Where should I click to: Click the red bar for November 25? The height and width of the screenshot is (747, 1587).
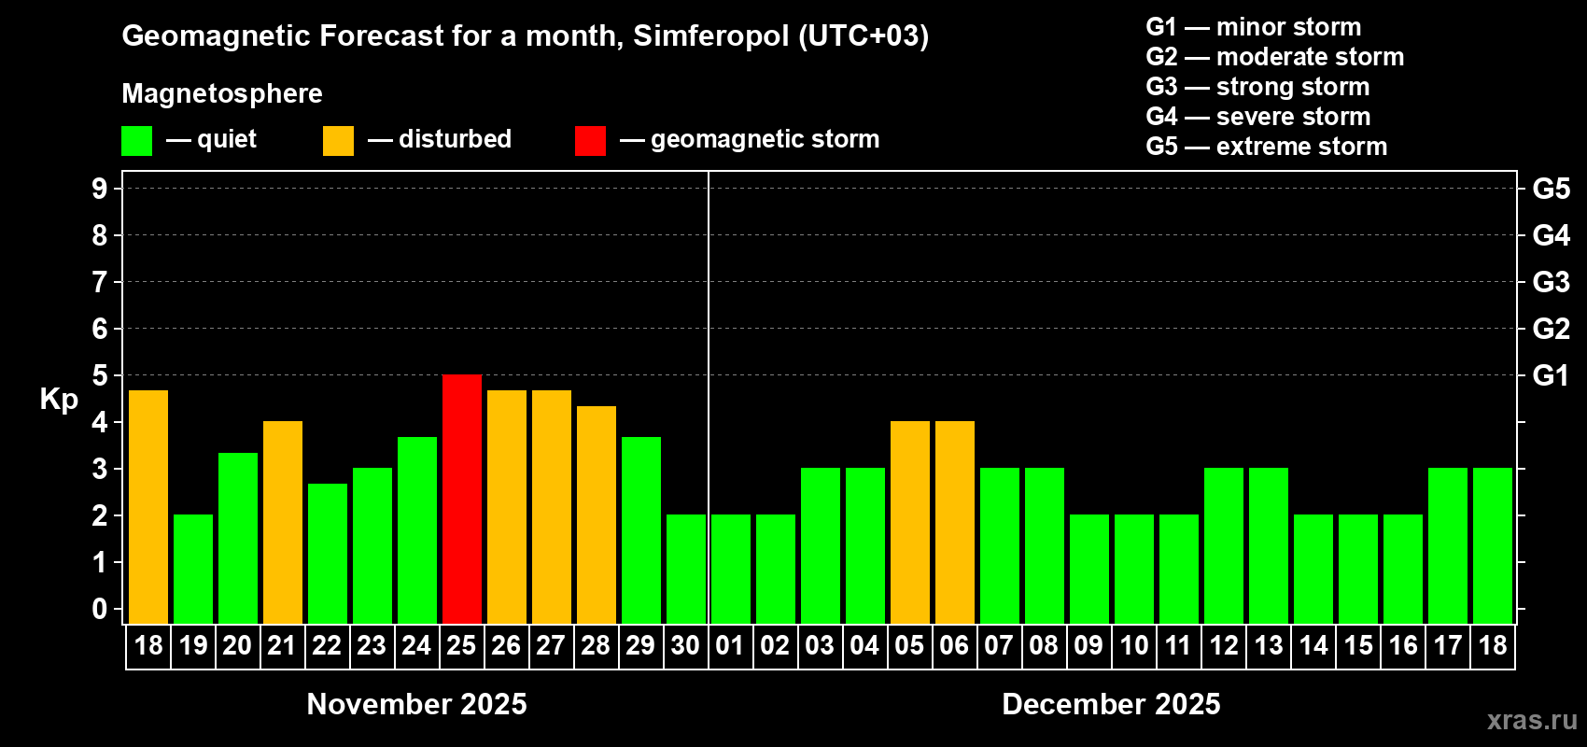point(462,499)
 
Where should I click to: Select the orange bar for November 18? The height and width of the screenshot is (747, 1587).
point(148,506)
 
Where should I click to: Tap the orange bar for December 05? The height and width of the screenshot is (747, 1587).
point(910,522)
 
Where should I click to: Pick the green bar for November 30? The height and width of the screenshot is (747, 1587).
point(686,569)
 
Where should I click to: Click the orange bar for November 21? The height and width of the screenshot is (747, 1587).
point(283,522)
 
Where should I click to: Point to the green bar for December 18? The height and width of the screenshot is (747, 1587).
point(1493,545)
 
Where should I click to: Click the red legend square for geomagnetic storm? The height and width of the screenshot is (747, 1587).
point(590,141)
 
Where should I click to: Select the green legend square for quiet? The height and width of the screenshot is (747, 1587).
point(137,141)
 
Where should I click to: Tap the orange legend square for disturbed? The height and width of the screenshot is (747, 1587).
point(338,141)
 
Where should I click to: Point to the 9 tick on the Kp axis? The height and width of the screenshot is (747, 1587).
point(100,189)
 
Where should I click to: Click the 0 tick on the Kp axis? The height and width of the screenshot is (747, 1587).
point(100,610)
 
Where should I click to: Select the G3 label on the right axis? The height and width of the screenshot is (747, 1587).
point(1551,282)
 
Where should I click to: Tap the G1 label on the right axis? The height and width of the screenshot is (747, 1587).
point(1551,375)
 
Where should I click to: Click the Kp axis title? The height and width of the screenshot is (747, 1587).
point(59,400)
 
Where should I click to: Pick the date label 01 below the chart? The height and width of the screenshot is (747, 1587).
point(730,646)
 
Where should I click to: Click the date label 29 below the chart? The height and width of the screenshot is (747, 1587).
point(640,646)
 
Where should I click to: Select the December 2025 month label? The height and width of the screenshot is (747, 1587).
point(1111,704)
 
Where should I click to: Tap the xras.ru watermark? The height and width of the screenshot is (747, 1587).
point(1532,720)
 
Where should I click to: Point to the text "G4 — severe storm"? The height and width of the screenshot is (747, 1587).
point(1258,117)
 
